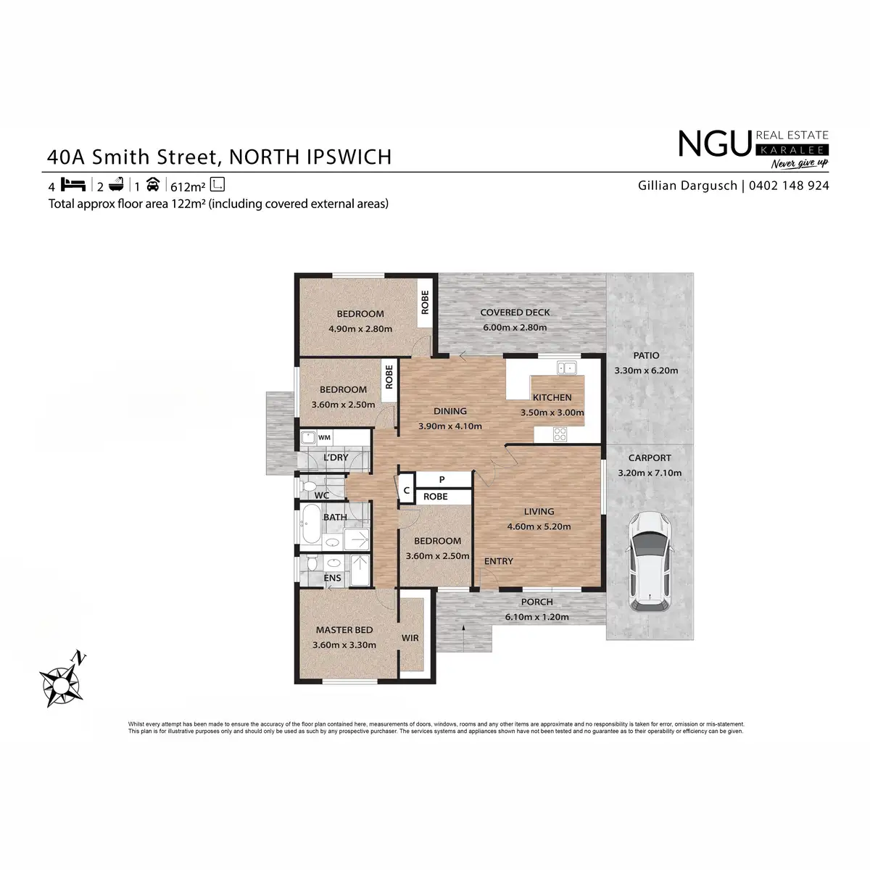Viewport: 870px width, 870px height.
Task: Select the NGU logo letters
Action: (713, 144)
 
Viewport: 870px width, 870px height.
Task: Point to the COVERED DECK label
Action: (515, 312)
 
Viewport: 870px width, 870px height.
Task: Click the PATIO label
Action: (646, 356)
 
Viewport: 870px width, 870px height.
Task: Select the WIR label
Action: (410, 638)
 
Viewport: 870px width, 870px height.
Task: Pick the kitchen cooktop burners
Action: (560, 434)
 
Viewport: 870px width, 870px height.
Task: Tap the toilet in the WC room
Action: (307, 484)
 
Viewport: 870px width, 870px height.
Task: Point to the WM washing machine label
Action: (324, 438)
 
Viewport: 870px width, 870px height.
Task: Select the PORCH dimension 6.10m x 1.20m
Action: (536, 617)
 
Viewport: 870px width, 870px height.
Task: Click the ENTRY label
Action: (498, 561)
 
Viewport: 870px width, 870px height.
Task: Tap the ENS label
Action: (333, 578)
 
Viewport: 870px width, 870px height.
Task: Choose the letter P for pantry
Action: (442, 480)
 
